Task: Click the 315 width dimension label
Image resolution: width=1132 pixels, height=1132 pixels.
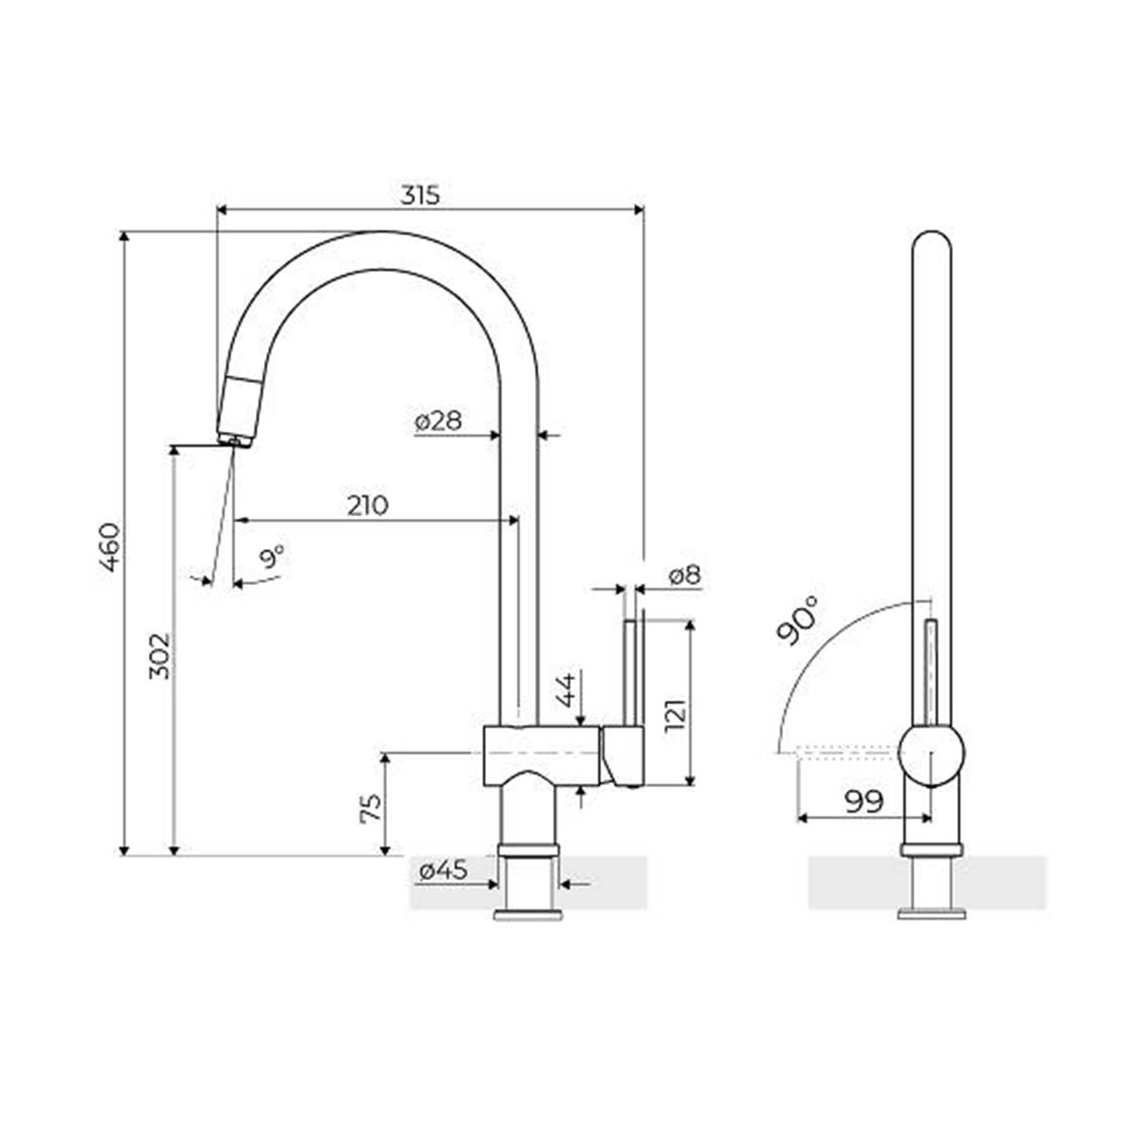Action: [420, 195]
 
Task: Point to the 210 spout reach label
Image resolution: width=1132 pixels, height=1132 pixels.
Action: [367, 506]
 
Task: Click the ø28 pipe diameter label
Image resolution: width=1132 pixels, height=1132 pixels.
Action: [439, 421]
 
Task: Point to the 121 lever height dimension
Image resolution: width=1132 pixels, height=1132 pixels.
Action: [674, 703]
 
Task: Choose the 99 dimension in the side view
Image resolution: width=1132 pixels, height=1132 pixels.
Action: [863, 801]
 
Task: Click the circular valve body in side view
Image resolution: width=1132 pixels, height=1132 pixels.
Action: [931, 756]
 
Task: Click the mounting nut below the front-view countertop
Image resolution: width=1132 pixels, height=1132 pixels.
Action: [528, 914]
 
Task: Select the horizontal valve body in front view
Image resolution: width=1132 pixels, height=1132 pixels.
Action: [541, 755]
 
